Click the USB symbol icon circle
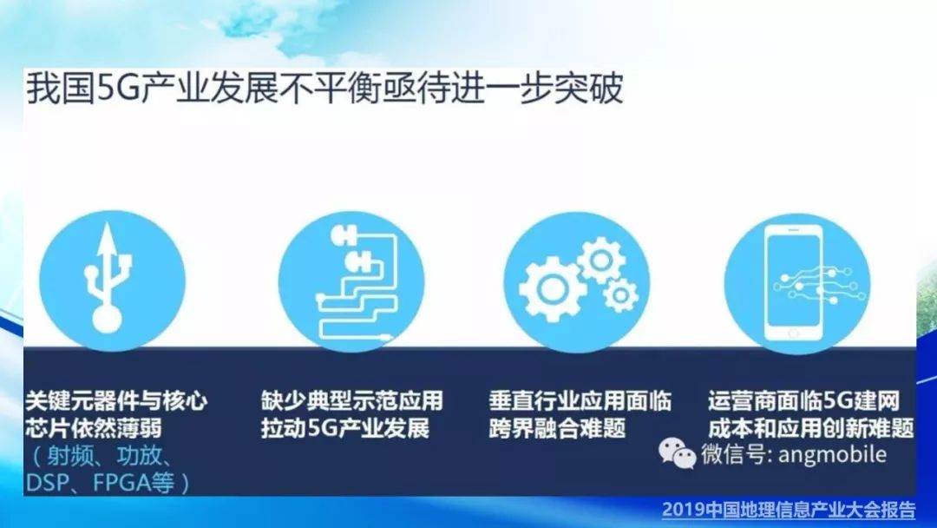pyautogui.click(x=112, y=280)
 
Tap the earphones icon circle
pyautogui.click(x=351, y=281)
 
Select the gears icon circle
pyautogui.click(x=577, y=281)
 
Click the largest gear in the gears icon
pyautogui.click(x=552, y=289)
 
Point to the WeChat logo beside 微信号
pyautogui.click(x=677, y=453)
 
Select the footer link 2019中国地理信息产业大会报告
pyautogui.click(x=788, y=510)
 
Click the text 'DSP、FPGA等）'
pyautogui.click(x=108, y=482)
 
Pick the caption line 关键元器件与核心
pyautogui.click(x=116, y=400)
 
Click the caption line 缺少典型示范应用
pyautogui.click(x=352, y=400)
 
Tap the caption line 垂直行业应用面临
pyautogui.click(x=580, y=400)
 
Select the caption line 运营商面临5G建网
pyautogui.click(x=803, y=400)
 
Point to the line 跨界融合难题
pyautogui.click(x=557, y=428)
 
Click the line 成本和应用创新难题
pyautogui.click(x=811, y=428)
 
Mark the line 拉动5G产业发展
pyautogui.click(x=345, y=428)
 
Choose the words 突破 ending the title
pyautogui.click(x=588, y=89)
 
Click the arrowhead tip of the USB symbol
pyautogui.click(x=108, y=223)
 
